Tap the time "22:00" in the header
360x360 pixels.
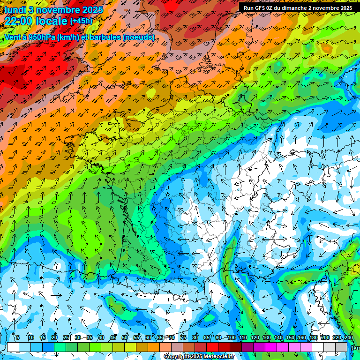[21, 21]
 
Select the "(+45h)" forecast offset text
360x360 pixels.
[81, 21]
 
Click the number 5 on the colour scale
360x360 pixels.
[18, 338]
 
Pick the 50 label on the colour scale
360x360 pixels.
[125, 338]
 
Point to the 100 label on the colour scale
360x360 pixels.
[231, 338]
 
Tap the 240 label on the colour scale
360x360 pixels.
[348, 338]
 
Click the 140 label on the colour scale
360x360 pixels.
[278, 338]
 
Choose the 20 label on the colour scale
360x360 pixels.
[54, 338]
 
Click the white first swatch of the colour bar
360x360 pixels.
[13, 347]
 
